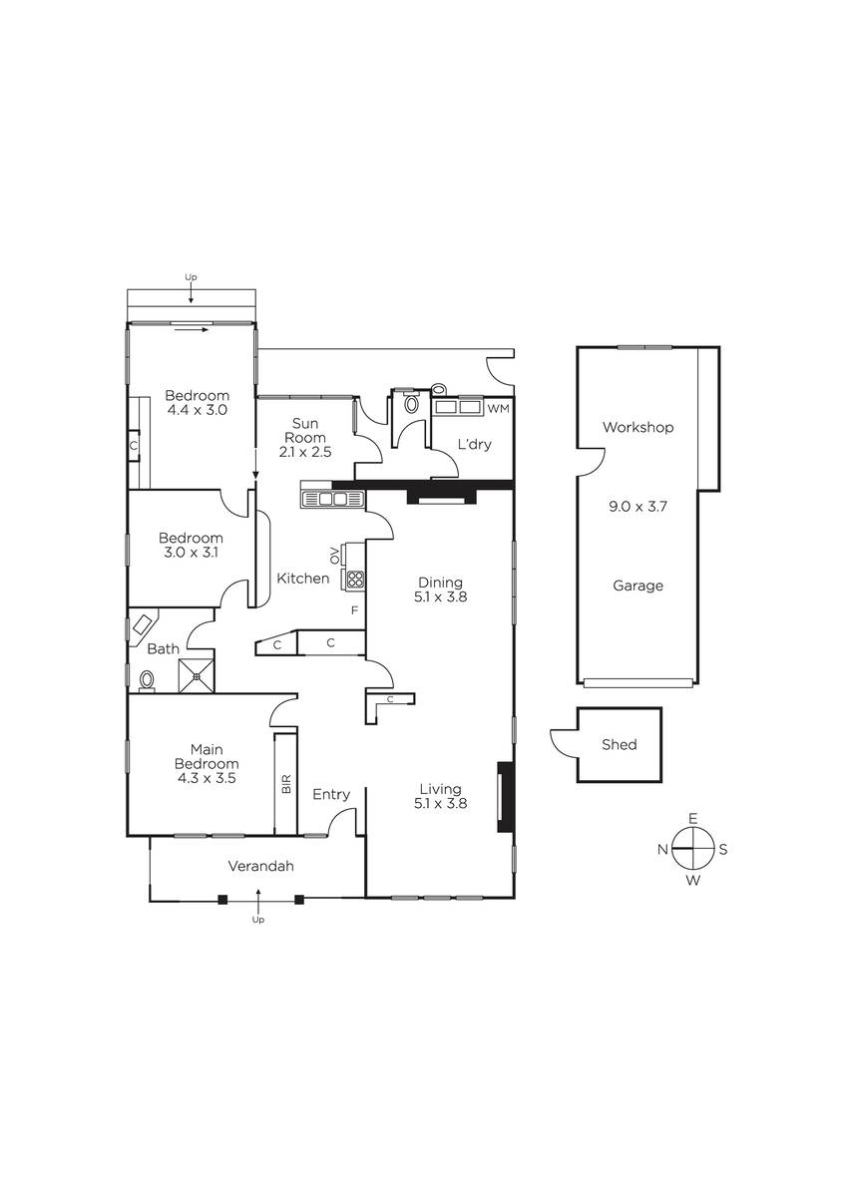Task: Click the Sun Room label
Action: pos(304,430)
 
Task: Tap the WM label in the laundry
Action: pos(498,409)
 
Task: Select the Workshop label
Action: pos(637,428)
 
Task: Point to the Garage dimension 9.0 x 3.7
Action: pos(637,506)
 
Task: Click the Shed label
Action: pos(619,744)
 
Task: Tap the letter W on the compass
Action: pos(692,881)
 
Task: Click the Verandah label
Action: pos(260,866)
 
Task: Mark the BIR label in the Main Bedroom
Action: pos(286,783)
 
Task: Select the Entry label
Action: pos(331,795)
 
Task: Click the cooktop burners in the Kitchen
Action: pos(355,579)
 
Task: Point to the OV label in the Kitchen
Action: pos(335,556)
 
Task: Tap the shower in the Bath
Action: pos(197,676)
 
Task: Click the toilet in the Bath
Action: pos(147,681)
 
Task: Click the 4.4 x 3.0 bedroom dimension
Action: pos(198,410)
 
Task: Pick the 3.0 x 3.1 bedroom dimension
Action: pos(191,552)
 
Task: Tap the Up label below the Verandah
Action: pos(258,920)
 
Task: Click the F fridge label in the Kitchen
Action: pos(354,609)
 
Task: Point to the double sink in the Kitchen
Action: pos(333,499)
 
